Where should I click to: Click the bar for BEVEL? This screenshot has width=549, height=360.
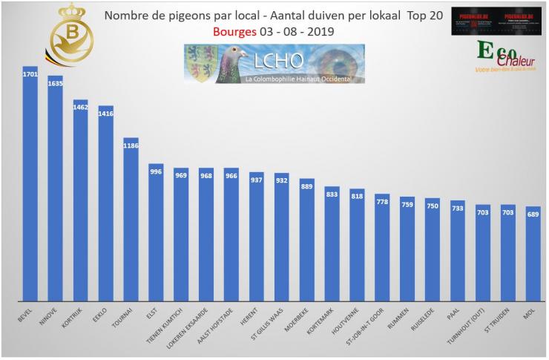pos(30,186)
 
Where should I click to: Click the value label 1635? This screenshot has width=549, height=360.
pos(56,84)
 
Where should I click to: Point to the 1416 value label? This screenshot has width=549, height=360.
pos(106,114)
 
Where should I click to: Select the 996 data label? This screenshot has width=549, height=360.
pos(157,172)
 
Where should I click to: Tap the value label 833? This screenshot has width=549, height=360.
pos(332,194)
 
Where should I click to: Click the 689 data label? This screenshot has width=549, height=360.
pos(533,215)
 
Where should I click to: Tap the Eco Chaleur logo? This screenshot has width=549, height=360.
pos(505,57)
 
